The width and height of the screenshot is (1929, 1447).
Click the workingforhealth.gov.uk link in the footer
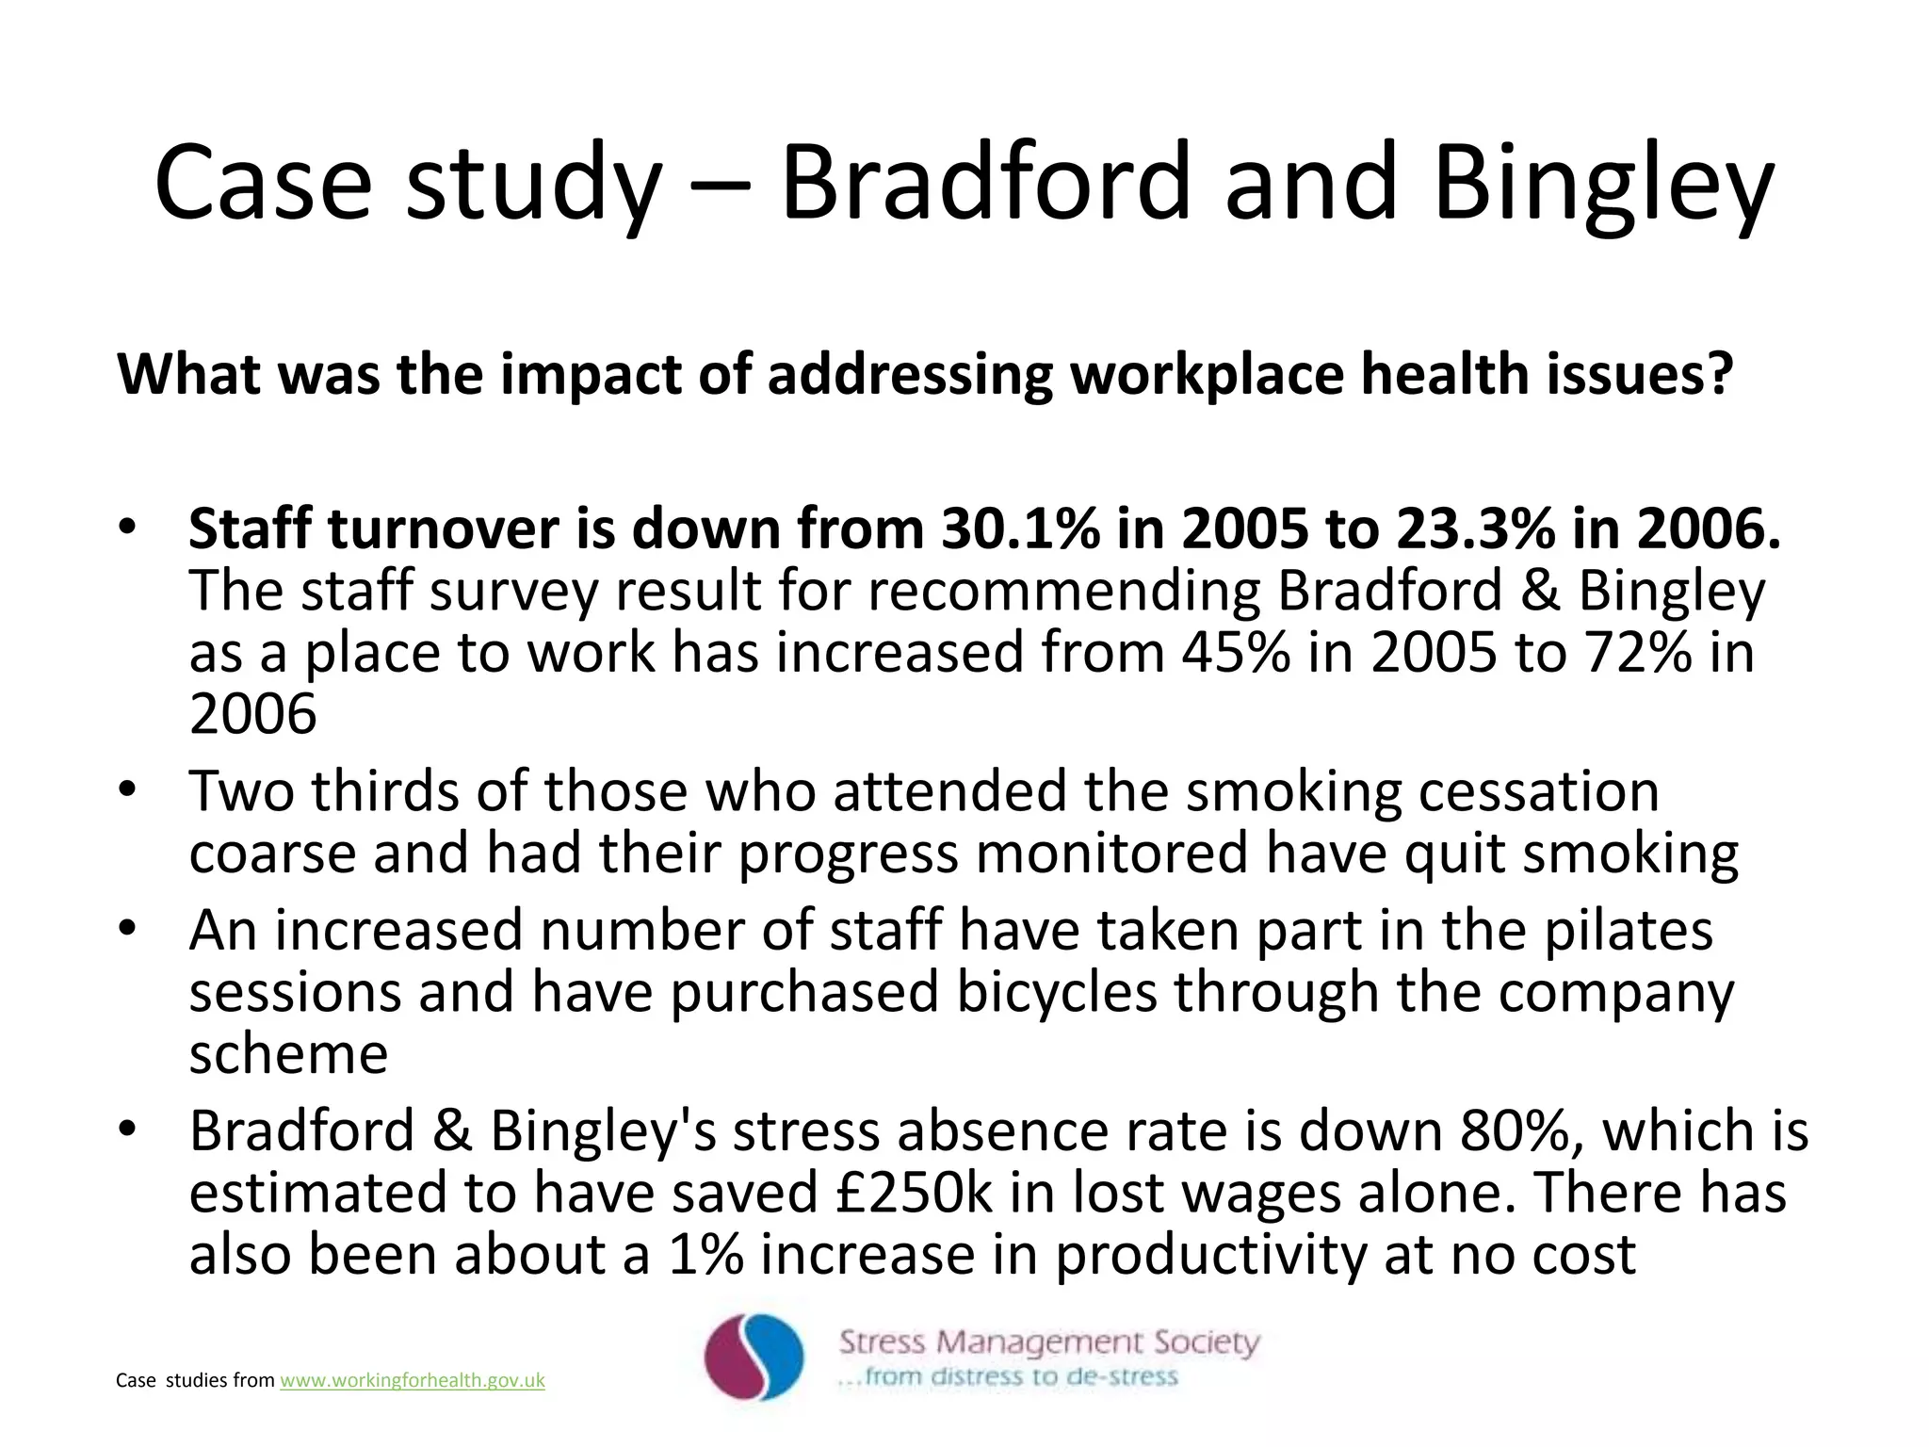point(413,1380)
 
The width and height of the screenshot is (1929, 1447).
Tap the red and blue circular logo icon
point(754,1358)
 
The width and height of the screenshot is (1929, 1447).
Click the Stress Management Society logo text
point(1048,1341)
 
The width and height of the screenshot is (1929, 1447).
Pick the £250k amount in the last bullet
point(913,1193)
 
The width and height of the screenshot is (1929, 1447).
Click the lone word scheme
point(288,1054)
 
